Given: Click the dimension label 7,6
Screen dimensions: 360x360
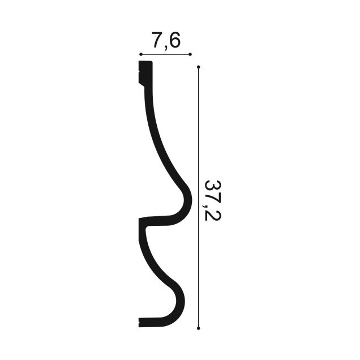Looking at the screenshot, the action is (x=166, y=41).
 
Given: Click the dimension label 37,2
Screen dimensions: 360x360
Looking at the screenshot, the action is (x=213, y=200).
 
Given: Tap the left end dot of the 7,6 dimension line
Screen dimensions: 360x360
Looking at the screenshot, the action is (x=141, y=54).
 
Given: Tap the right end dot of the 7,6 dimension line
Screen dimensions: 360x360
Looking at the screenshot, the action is (x=190, y=54).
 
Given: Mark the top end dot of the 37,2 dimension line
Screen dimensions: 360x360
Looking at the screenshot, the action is (x=199, y=67).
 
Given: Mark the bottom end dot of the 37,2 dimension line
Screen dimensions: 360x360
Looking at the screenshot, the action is (x=199, y=328).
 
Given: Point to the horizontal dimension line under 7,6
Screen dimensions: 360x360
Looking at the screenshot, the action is (x=165, y=54).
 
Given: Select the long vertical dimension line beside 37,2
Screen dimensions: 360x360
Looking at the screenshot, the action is (x=199, y=198).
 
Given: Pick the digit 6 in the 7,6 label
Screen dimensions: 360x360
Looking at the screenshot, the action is (x=175, y=40).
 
